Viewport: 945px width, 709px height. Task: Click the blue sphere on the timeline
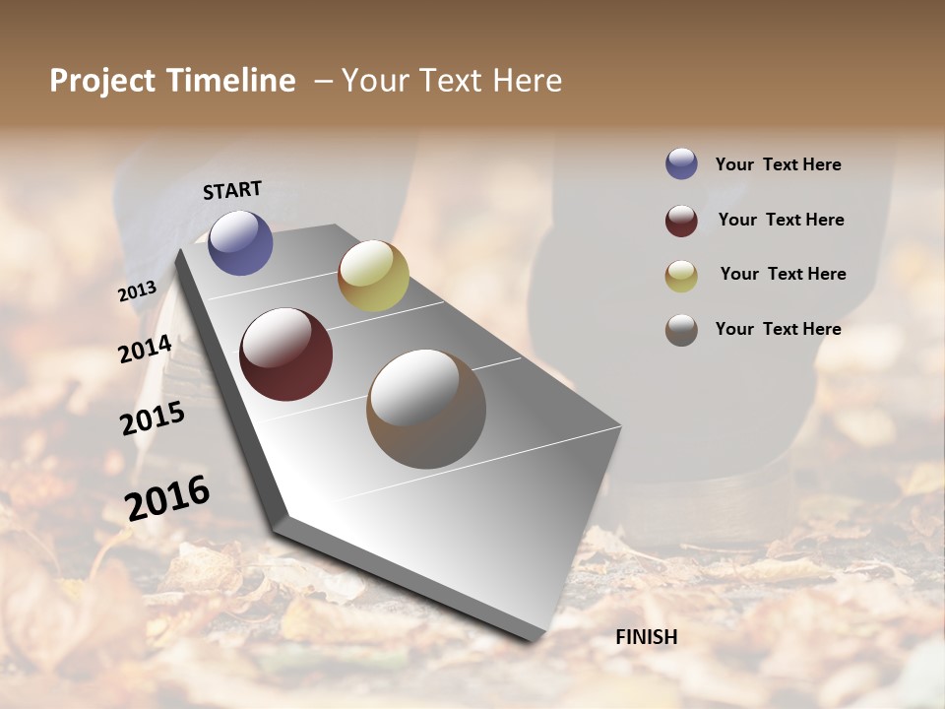pyautogui.click(x=240, y=242)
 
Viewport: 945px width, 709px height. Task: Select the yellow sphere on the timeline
pyautogui.click(x=373, y=276)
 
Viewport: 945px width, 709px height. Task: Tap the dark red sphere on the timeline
pyautogui.click(x=285, y=354)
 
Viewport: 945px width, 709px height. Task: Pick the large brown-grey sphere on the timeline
pyautogui.click(x=426, y=409)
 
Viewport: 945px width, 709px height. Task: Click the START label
pyautogui.click(x=232, y=190)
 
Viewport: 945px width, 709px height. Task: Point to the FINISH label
pyautogui.click(x=646, y=637)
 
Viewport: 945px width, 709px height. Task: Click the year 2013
pyautogui.click(x=137, y=291)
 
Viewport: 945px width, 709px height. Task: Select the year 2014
pyautogui.click(x=145, y=349)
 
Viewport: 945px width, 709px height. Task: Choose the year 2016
pyautogui.click(x=167, y=498)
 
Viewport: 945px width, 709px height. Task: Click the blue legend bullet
pyautogui.click(x=681, y=163)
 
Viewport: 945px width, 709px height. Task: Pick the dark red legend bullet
pyautogui.click(x=681, y=221)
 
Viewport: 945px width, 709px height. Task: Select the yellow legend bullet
pyautogui.click(x=681, y=276)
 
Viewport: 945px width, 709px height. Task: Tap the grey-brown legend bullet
pyautogui.click(x=681, y=330)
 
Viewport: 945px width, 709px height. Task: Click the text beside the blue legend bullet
pyautogui.click(x=778, y=164)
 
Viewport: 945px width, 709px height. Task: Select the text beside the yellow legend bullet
pyautogui.click(x=783, y=274)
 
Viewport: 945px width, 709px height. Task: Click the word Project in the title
pyautogui.click(x=103, y=81)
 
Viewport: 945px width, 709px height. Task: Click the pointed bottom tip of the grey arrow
pyautogui.click(x=533, y=638)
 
